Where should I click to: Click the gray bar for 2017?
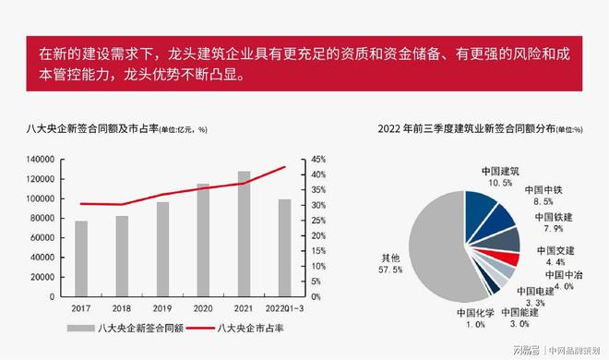tap(81, 258)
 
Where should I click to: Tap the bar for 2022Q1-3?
tap(284, 247)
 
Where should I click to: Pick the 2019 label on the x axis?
tap(162, 306)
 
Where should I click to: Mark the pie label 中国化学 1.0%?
tap(475, 318)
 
